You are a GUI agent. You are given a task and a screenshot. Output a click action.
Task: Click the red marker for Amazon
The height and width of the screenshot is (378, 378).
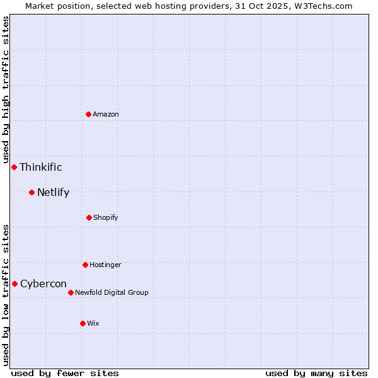[x=88, y=114]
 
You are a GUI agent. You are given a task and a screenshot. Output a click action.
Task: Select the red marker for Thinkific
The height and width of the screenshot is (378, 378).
[x=14, y=167]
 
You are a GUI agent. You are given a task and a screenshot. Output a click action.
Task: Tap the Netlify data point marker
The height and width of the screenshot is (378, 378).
[x=31, y=192]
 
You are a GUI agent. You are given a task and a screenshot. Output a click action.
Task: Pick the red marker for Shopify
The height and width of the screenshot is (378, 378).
[x=89, y=217]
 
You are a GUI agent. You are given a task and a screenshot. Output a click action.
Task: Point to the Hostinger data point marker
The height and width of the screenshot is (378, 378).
[x=85, y=265]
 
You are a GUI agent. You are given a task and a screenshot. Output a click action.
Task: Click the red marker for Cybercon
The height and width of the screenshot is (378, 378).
[x=14, y=283]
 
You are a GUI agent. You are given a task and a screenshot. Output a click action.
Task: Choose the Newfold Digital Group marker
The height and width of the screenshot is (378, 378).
[x=71, y=292]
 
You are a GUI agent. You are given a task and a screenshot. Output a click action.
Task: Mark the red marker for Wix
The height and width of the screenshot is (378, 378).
[x=83, y=323]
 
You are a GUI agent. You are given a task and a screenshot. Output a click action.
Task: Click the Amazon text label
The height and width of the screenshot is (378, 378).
[x=106, y=114]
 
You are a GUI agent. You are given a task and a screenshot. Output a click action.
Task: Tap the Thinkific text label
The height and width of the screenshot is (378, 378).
[x=41, y=167]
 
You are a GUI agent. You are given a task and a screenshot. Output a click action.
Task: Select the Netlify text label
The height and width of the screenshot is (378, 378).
[x=53, y=192]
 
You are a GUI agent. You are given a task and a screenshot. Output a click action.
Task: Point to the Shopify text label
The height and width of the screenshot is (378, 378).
[x=106, y=217]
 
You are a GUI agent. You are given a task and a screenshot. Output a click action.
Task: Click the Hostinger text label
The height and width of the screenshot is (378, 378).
[x=105, y=265]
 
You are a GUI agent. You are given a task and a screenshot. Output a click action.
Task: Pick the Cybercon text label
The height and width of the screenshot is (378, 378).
[x=43, y=283]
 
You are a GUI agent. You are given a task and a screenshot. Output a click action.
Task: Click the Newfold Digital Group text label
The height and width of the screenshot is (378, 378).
[x=112, y=292]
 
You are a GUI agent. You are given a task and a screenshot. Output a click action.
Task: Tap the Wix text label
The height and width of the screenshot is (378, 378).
[x=93, y=323]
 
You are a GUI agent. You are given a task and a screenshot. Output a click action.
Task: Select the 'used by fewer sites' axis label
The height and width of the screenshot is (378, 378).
[x=65, y=373]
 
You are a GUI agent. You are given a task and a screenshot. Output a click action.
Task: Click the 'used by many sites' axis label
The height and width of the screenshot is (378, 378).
[x=316, y=373]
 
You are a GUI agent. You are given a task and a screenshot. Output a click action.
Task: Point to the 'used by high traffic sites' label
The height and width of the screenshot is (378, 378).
[x=6, y=90]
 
